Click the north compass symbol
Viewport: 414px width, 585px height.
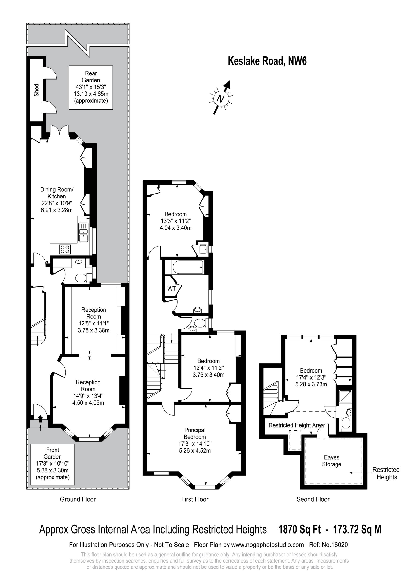coord(221,98)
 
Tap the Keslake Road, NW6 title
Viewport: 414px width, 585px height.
coord(267,61)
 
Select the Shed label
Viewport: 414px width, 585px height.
coord(37,90)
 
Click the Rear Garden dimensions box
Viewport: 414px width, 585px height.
coord(91,87)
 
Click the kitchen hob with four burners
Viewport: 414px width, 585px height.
coord(65,249)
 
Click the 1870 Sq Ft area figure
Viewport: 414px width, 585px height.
coord(300,530)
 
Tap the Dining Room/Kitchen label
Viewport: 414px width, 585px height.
coord(57,193)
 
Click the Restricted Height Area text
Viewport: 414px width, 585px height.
coord(296,425)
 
